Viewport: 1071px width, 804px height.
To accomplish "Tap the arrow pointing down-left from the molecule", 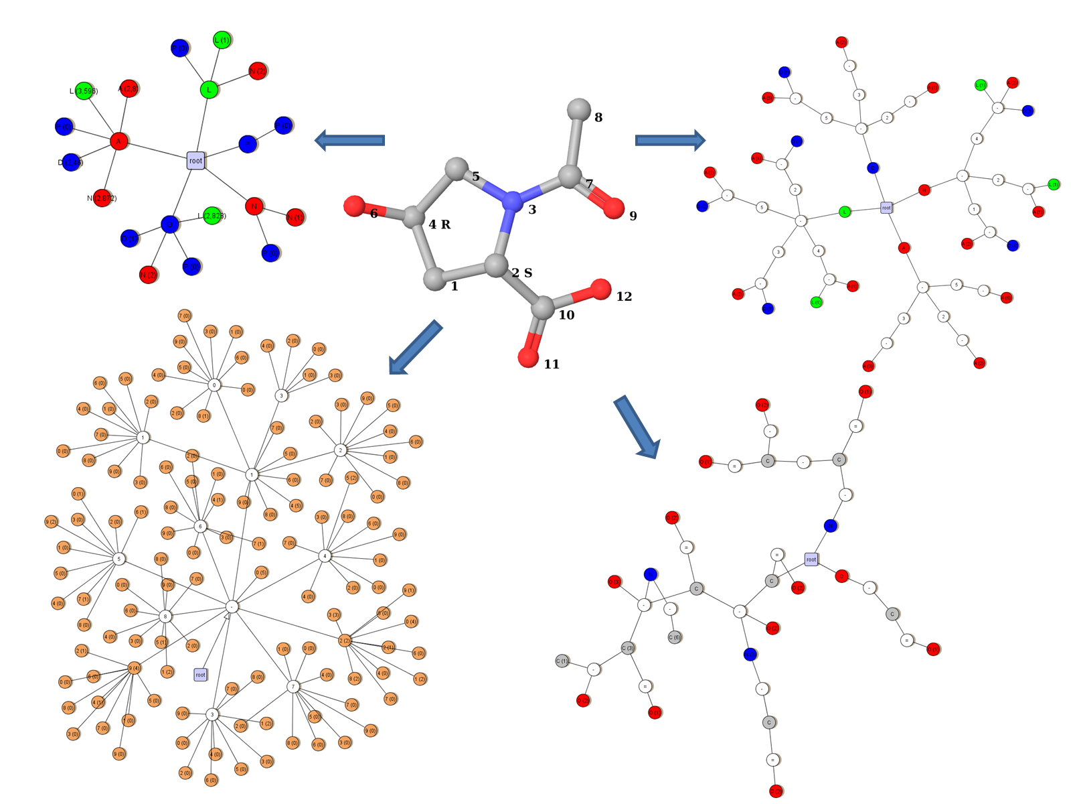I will tap(415, 347).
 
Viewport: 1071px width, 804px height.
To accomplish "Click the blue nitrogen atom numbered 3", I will tap(513, 201).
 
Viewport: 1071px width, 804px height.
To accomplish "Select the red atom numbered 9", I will tap(613, 208).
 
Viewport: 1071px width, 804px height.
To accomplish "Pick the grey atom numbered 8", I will tap(579, 109).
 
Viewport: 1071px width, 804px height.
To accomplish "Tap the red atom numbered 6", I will tap(354, 206).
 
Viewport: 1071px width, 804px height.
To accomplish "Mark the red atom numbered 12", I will tap(601, 289).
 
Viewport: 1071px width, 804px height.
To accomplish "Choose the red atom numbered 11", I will tap(528, 358).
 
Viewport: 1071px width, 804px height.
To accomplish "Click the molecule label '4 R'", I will tap(439, 224).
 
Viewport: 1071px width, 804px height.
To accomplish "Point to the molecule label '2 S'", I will tap(521, 273).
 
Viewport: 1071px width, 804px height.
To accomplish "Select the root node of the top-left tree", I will tap(195, 160).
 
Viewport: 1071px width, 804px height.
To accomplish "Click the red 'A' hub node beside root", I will tap(119, 141).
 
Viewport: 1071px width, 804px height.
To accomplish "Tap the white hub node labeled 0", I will tap(214, 385).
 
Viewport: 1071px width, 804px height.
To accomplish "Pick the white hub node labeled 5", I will tap(119, 559).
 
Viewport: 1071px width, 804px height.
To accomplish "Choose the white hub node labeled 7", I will tap(293, 687).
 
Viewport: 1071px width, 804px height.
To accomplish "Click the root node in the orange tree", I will tap(200, 675).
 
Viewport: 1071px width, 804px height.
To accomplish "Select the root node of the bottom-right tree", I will tap(811, 559).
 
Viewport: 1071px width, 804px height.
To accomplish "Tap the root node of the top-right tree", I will tap(886, 208).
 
